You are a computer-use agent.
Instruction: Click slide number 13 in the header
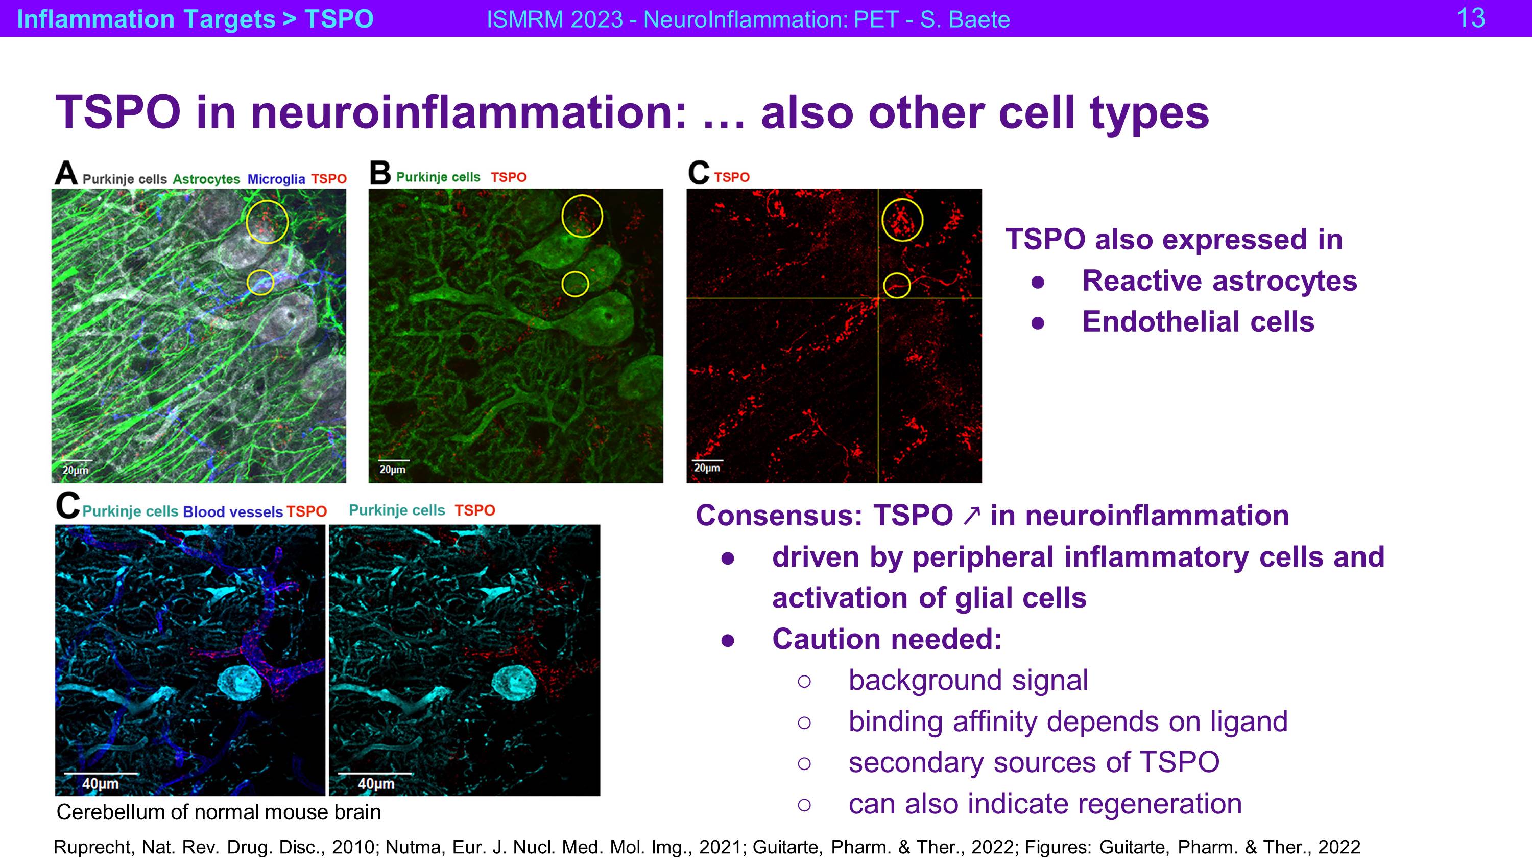click(1471, 18)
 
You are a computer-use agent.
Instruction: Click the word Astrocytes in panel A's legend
click(206, 179)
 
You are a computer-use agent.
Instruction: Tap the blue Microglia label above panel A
click(276, 179)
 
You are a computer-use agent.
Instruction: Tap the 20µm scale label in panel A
click(76, 470)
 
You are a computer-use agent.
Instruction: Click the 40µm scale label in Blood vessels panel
click(101, 783)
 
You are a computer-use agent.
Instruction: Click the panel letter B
click(380, 173)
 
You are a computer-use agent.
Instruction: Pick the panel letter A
click(66, 173)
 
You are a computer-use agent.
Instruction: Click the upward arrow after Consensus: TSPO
click(971, 516)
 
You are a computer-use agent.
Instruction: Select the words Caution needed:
click(887, 640)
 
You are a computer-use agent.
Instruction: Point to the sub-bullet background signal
click(968, 681)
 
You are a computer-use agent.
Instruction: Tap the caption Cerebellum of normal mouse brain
click(219, 812)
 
